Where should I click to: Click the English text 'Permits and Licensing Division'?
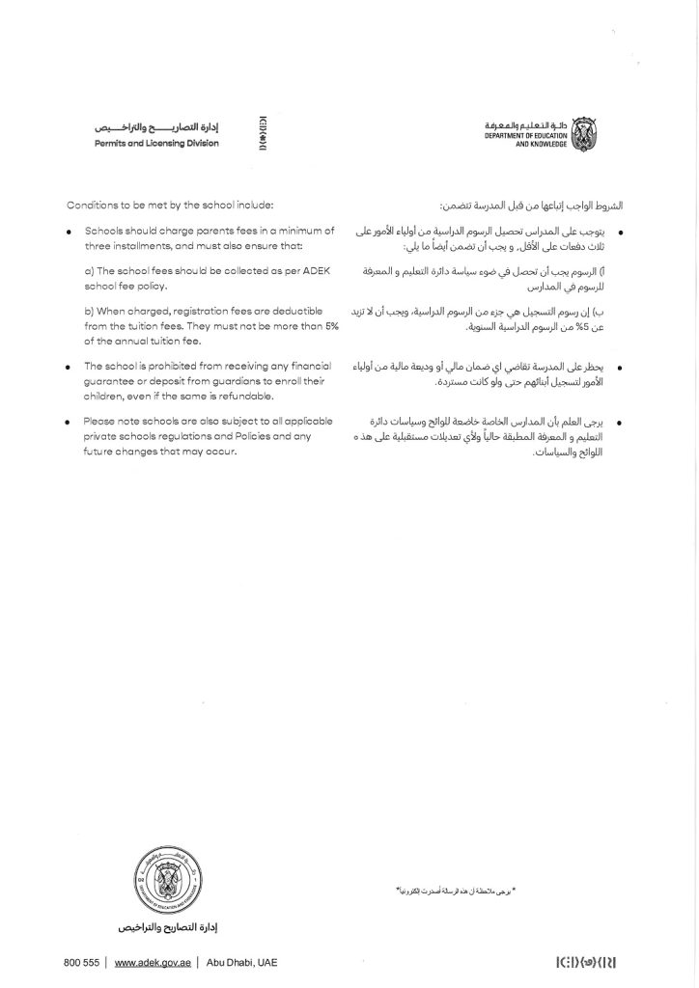(156, 143)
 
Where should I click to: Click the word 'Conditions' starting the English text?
(92, 205)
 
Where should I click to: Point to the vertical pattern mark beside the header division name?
(264, 133)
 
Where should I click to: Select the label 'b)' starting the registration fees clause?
(90, 311)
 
